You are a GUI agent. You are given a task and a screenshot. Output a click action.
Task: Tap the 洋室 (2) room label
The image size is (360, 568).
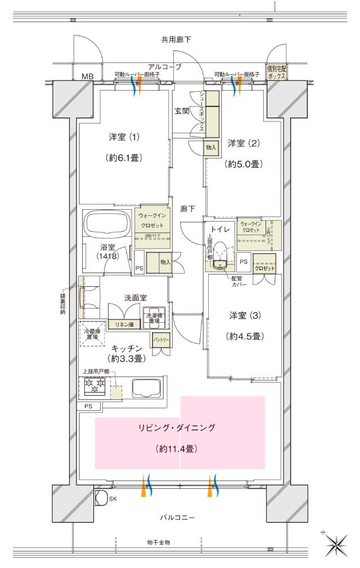(x=244, y=144)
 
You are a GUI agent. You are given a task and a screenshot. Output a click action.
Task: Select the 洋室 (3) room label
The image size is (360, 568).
(x=244, y=315)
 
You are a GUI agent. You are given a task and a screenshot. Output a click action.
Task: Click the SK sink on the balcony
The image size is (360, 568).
(x=101, y=498)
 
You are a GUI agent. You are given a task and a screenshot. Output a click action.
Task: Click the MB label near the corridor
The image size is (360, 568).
(x=87, y=76)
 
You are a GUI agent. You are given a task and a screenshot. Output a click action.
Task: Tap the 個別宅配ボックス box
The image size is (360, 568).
(x=277, y=71)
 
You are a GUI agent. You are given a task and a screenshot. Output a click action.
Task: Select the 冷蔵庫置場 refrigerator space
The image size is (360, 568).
(x=92, y=333)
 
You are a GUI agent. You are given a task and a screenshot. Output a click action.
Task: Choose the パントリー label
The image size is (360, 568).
(x=161, y=340)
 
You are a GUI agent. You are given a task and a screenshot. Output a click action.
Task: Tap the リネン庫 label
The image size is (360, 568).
(x=124, y=324)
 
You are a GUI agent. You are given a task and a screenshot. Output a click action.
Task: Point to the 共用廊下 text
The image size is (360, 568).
(x=176, y=40)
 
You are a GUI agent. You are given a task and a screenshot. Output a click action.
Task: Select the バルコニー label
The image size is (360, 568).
(x=177, y=518)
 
